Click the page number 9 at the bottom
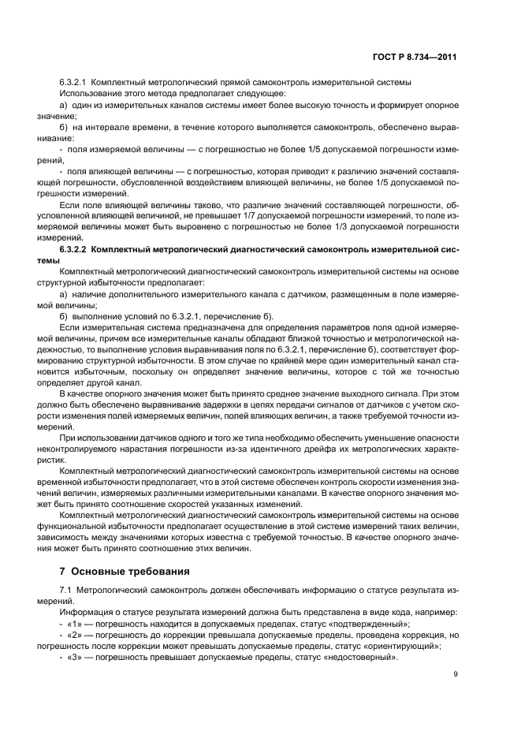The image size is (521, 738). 456,674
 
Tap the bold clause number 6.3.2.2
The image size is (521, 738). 74,249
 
